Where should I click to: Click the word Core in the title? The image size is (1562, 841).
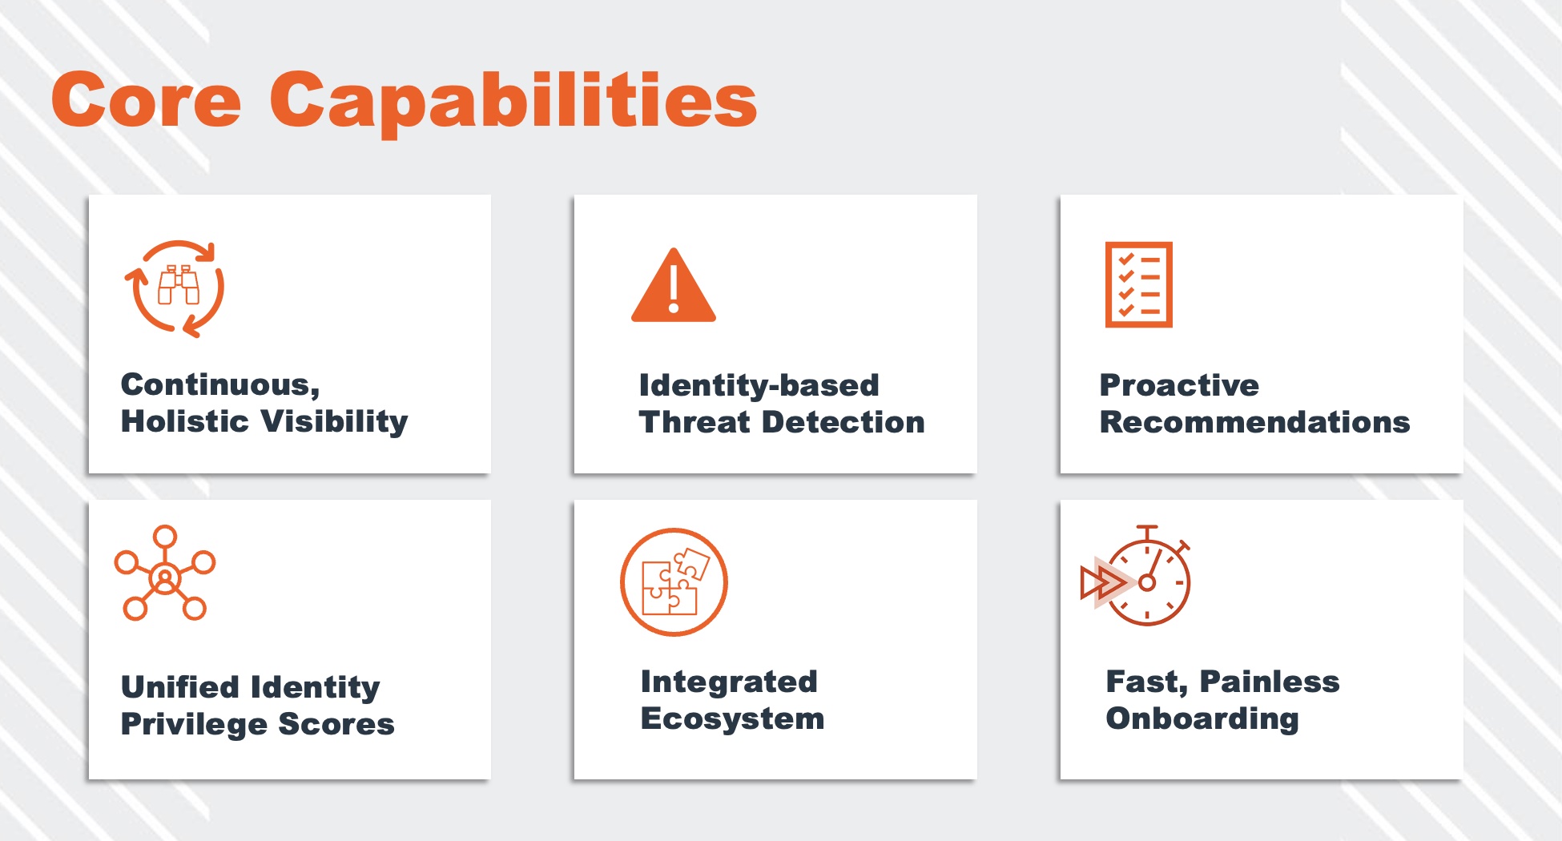(x=146, y=99)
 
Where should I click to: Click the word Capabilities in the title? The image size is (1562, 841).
(x=513, y=103)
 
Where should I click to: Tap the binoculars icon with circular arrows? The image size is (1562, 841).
(x=175, y=288)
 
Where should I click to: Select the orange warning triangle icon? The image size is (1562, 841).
(x=674, y=285)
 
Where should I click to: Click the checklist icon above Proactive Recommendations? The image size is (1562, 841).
(x=1138, y=284)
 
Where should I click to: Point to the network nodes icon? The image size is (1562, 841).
(x=165, y=573)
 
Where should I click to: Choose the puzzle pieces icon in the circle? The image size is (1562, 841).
(x=674, y=582)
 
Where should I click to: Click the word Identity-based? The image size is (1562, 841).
(x=759, y=385)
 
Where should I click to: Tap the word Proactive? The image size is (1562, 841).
(x=1179, y=385)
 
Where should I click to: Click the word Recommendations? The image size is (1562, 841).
(x=1255, y=422)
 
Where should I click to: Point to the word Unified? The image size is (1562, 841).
(x=180, y=686)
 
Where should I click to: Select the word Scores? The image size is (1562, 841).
(x=336, y=724)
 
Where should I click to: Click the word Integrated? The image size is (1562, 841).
(x=729, y=682)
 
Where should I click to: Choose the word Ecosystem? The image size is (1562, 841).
(x=732, y=718)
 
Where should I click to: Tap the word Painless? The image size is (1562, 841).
(x=1270, y=682)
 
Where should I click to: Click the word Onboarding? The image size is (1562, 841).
(x=1202, y=719)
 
